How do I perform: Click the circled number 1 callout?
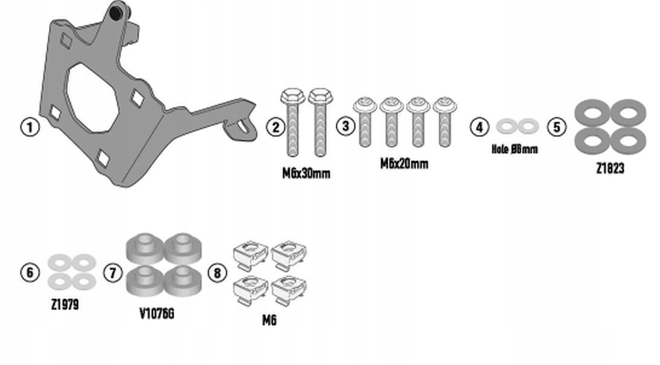30,128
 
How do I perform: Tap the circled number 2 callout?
276,128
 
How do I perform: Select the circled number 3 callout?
345,126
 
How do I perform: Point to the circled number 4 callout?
480,127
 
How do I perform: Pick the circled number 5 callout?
557,127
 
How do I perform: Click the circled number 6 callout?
30,272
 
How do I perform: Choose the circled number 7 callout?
113,272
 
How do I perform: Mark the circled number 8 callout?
217,272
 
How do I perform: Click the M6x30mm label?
306,174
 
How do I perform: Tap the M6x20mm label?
404,164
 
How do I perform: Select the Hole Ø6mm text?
515,149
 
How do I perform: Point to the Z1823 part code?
610,169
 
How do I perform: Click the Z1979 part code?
65,305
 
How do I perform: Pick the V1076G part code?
157,314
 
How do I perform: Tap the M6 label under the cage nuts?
269,320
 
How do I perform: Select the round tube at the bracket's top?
116,13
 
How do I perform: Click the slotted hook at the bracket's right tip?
243,126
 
